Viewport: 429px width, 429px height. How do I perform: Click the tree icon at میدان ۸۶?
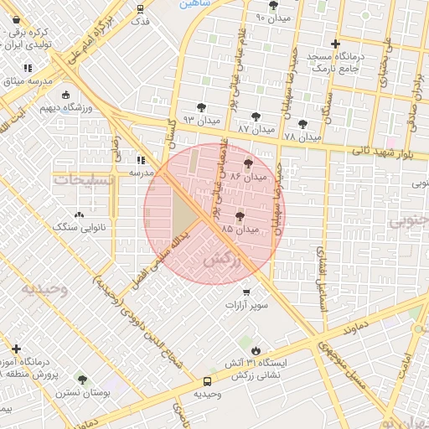[x=247, y=164]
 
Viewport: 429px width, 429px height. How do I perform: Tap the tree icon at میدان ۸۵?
[x=240, y=216]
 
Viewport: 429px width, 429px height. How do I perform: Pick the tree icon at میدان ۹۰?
[x=273, y=6]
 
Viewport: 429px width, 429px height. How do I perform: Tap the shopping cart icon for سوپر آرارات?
[x=246, y=292]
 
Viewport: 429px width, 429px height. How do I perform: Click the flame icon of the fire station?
[x=256, y=350]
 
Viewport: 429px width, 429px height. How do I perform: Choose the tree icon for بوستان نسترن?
[x=82, y=380]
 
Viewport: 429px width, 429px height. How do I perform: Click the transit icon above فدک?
[x=140, y=9]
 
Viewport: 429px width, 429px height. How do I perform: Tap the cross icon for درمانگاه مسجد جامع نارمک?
[x=336, y=44]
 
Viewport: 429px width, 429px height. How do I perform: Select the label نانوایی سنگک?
[x=76, y=226]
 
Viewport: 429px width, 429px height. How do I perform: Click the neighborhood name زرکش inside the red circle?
[x=228, y=261]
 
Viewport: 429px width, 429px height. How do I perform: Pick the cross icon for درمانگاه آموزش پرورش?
[x=16, y=349]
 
